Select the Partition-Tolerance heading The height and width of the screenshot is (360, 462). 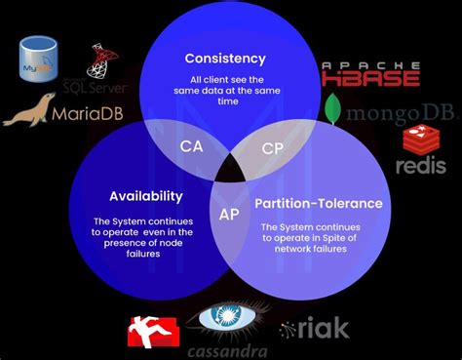319,204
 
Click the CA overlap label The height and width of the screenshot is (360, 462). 192,145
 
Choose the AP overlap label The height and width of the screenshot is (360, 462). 230,214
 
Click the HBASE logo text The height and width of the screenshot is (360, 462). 371,77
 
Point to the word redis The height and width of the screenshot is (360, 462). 421,165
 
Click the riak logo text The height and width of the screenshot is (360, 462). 315,330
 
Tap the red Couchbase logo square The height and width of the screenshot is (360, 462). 154,332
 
